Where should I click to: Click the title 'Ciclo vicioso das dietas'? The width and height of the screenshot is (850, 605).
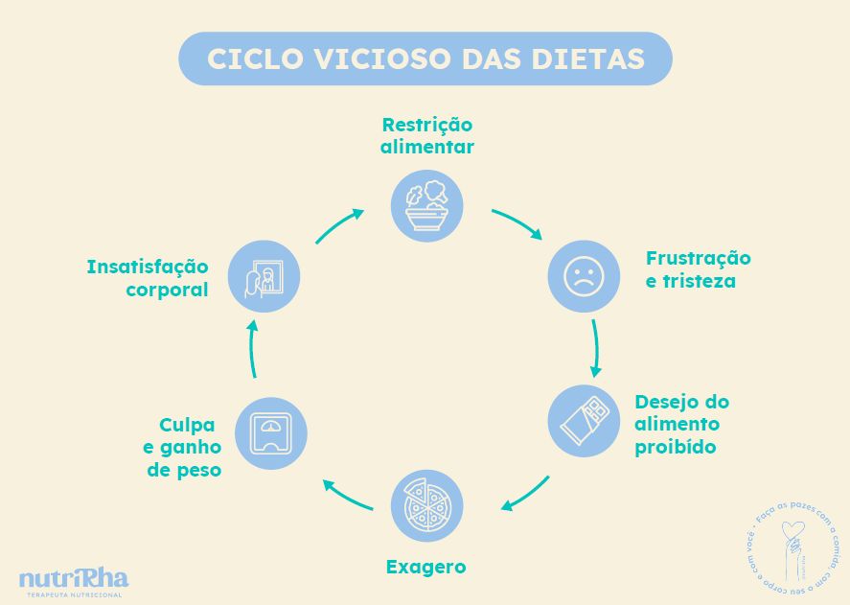(x=425, y=58)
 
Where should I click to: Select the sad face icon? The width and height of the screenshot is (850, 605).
(x=584, y=276)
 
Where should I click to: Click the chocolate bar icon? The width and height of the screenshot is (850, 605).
(x=584, y=420)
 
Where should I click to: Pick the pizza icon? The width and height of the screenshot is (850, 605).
(x=427, y=506)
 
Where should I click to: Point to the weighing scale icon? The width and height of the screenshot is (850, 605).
(x=271, y=433)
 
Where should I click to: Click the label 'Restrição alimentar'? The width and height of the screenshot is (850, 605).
(x=427, y=136)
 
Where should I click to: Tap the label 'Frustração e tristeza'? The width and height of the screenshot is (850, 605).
(x=698, y=269)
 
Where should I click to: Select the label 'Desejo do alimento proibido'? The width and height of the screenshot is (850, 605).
(x=681, y=424)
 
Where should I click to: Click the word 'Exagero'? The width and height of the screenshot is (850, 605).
(x=426, y=567)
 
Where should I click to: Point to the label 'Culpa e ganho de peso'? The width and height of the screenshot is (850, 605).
(x=184, y=447)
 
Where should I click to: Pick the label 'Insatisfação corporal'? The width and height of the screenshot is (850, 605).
(x=148, y=277)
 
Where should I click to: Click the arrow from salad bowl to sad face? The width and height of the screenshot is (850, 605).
(x=517, y=223)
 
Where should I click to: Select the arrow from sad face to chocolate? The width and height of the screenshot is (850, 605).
(x=595, y=347)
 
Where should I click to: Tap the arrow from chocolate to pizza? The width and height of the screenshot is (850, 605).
(x=525, y=494)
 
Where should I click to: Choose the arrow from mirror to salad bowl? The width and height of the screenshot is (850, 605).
(x=339, y=226)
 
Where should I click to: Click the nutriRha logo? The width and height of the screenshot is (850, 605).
(x=73, y=581)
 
